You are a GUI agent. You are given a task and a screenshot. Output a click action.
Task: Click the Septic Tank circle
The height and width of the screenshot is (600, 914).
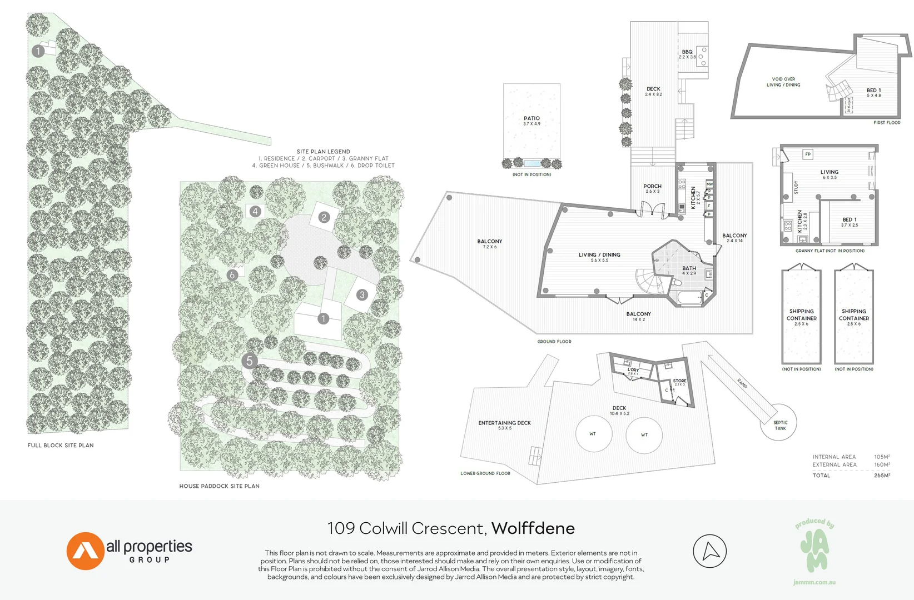click(x=779, y=423)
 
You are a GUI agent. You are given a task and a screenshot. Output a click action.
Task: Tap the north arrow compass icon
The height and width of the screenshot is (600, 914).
click(x=709, y=551)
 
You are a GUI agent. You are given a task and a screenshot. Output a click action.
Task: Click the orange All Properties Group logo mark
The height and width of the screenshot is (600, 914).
click(x=85, y=551)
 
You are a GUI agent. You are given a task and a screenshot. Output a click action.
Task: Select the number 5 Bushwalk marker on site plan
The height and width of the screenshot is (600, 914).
click(x=249, y=361)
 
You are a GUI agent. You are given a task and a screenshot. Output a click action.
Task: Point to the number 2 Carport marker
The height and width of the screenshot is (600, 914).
click(x=324, y=217)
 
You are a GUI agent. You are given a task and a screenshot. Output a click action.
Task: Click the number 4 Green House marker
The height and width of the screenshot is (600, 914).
click(x=255, y=211)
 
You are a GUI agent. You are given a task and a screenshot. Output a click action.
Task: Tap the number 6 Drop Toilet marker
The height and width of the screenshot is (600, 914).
click(x=232, y=274)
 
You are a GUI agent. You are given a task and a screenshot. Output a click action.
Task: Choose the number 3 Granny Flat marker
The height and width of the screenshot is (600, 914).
click(x=362, y=294)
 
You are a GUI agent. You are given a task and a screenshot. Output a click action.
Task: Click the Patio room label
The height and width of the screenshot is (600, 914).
click(x=531, y=118)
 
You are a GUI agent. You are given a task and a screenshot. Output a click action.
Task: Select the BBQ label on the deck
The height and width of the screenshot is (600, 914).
click(x=687, y=52)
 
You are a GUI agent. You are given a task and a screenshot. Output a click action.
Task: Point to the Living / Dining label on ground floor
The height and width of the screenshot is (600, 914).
click(x=599, y=255)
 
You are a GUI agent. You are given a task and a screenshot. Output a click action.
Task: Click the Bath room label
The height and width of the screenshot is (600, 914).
click(x=689, y=268)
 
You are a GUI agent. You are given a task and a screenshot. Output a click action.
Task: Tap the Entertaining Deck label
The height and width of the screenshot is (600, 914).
click(x=504, y=423)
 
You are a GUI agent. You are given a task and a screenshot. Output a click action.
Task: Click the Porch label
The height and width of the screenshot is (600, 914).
click(x=652, y=186)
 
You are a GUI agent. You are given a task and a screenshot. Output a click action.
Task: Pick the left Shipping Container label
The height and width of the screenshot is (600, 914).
click(x=801, y=314)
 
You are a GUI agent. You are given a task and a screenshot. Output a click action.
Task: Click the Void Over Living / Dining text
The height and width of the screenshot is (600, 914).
click(x=783, y=82)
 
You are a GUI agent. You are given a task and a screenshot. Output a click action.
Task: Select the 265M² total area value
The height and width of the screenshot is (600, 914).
click(x=882, y=476)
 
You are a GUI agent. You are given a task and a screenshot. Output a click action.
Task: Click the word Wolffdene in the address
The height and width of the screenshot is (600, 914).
click(x=533, y=528)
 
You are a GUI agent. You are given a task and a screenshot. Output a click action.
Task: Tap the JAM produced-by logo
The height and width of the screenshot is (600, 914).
click(x=814, y=551)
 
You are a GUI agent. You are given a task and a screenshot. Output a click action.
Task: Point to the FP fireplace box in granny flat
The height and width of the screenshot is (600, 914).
click(x=808, y=154)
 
